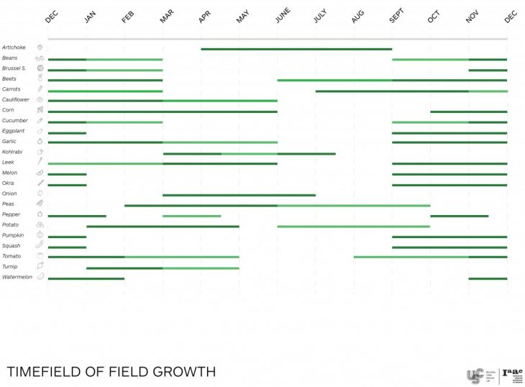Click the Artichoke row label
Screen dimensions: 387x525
(14, 47)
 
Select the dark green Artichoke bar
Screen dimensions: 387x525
(296, 49)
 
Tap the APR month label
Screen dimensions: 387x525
(204, 17)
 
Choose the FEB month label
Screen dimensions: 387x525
(127, 17)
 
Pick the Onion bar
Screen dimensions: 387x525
(239, 195)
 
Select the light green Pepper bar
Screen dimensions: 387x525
(191, 216)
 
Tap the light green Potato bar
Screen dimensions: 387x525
(353, 227)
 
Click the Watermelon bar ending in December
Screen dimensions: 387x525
(488, 278)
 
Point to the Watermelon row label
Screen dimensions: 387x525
(17, 277)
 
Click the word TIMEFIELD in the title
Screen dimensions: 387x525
(42, 372)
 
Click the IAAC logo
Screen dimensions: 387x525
(512, 375)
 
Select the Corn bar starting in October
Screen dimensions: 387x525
(468, 111)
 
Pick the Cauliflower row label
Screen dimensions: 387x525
(15, 99)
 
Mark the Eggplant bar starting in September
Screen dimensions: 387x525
(449, 132)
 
